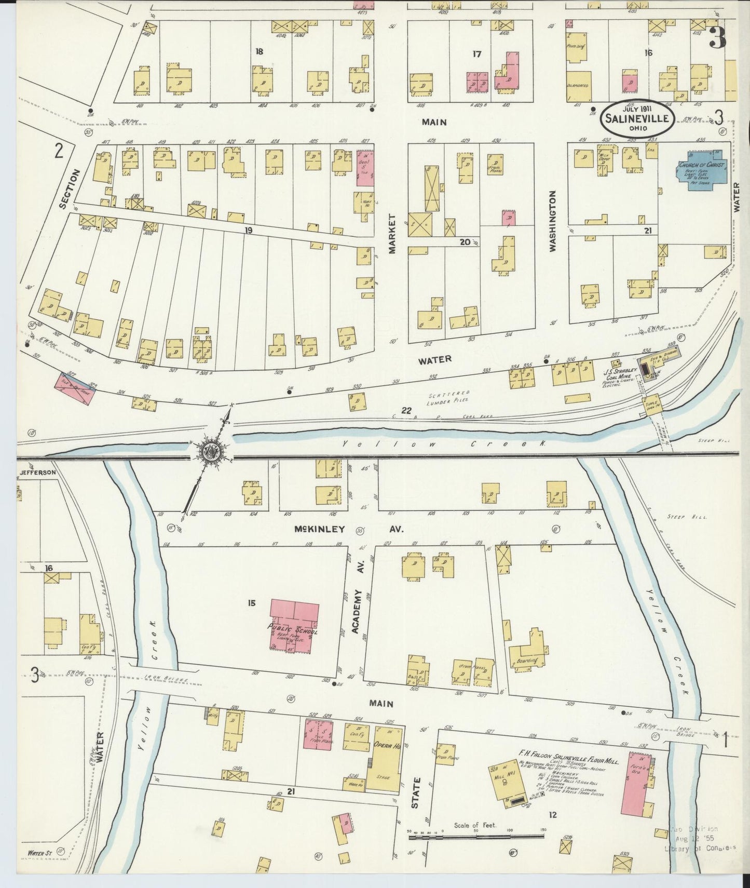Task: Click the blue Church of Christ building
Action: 705,170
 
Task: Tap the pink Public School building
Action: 294,626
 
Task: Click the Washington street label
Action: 552,221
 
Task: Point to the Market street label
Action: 392,234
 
